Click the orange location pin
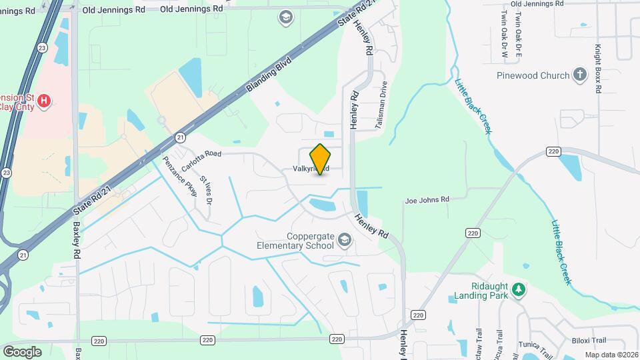[320, 159]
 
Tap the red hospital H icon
[44, 101]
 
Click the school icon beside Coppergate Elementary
[345, 240]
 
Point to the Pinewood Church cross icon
[580, 75]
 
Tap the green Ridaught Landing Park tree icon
[519, 289]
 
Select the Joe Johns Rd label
[427, 199]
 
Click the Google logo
[22, 351]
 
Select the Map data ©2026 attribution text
[610, 355]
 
